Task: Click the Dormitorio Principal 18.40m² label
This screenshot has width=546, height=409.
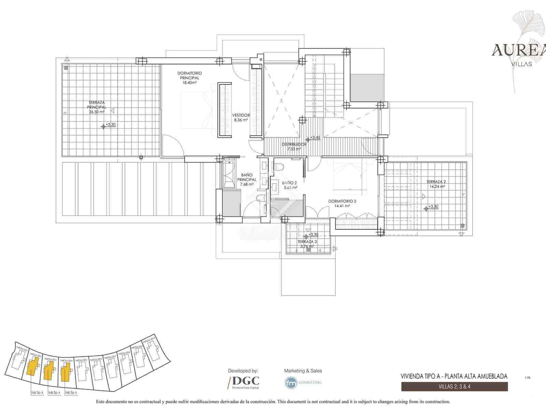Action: [x=189, y=78]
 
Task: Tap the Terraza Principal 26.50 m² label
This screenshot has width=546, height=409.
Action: [x=96, y=107]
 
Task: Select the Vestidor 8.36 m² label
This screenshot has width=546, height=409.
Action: [x=241, y=118]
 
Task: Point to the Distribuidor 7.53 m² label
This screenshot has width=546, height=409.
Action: [x=294, y=147]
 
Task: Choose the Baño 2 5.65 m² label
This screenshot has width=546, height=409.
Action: [x=289, y=185]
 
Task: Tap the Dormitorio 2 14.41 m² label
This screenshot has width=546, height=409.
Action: [x=342, y=203]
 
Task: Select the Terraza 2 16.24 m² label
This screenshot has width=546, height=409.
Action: [x=436, y=184]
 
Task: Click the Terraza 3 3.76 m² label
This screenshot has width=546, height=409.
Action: [x=307, y=244]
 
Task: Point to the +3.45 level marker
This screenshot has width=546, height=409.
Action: [x=314, y=138]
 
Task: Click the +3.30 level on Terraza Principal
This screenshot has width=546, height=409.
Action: [x=110, y=125]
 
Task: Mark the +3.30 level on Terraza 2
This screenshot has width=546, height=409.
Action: [x=433, y=207]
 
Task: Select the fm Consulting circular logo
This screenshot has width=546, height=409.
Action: [x=291, y=382]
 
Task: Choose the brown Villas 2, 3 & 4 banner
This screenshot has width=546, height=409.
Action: [x=454, y=387]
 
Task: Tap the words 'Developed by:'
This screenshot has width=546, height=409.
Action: [x=243, y=370]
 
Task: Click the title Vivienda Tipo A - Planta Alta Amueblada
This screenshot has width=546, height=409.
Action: [x=454, y=376]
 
